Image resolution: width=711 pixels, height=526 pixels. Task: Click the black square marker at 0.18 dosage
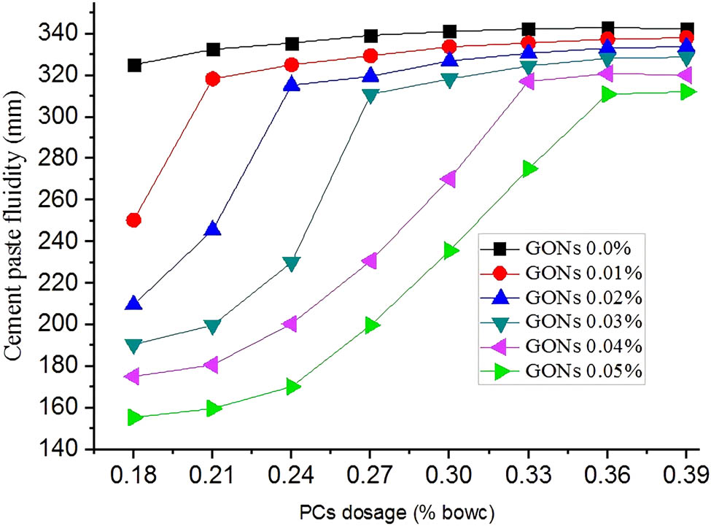[x=134, y=65]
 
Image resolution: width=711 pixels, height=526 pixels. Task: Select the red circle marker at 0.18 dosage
[x=133, y=220]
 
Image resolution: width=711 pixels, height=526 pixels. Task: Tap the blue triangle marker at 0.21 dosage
[x=213, y=229]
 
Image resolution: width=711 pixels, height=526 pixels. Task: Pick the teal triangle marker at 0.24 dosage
[x=292, y=263]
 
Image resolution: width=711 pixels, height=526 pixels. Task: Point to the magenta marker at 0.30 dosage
[x=448, y=179]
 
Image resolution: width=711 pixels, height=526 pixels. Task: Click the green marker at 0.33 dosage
[x=529, y=169]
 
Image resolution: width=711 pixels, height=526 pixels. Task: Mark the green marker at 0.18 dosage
[x=134, y=417]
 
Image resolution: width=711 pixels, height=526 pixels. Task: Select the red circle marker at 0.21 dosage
[x=213, y=79]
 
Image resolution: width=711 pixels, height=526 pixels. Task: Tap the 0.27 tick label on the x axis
[x=370, y=477]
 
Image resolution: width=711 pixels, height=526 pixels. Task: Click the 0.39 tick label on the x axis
[x=686, y=477]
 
